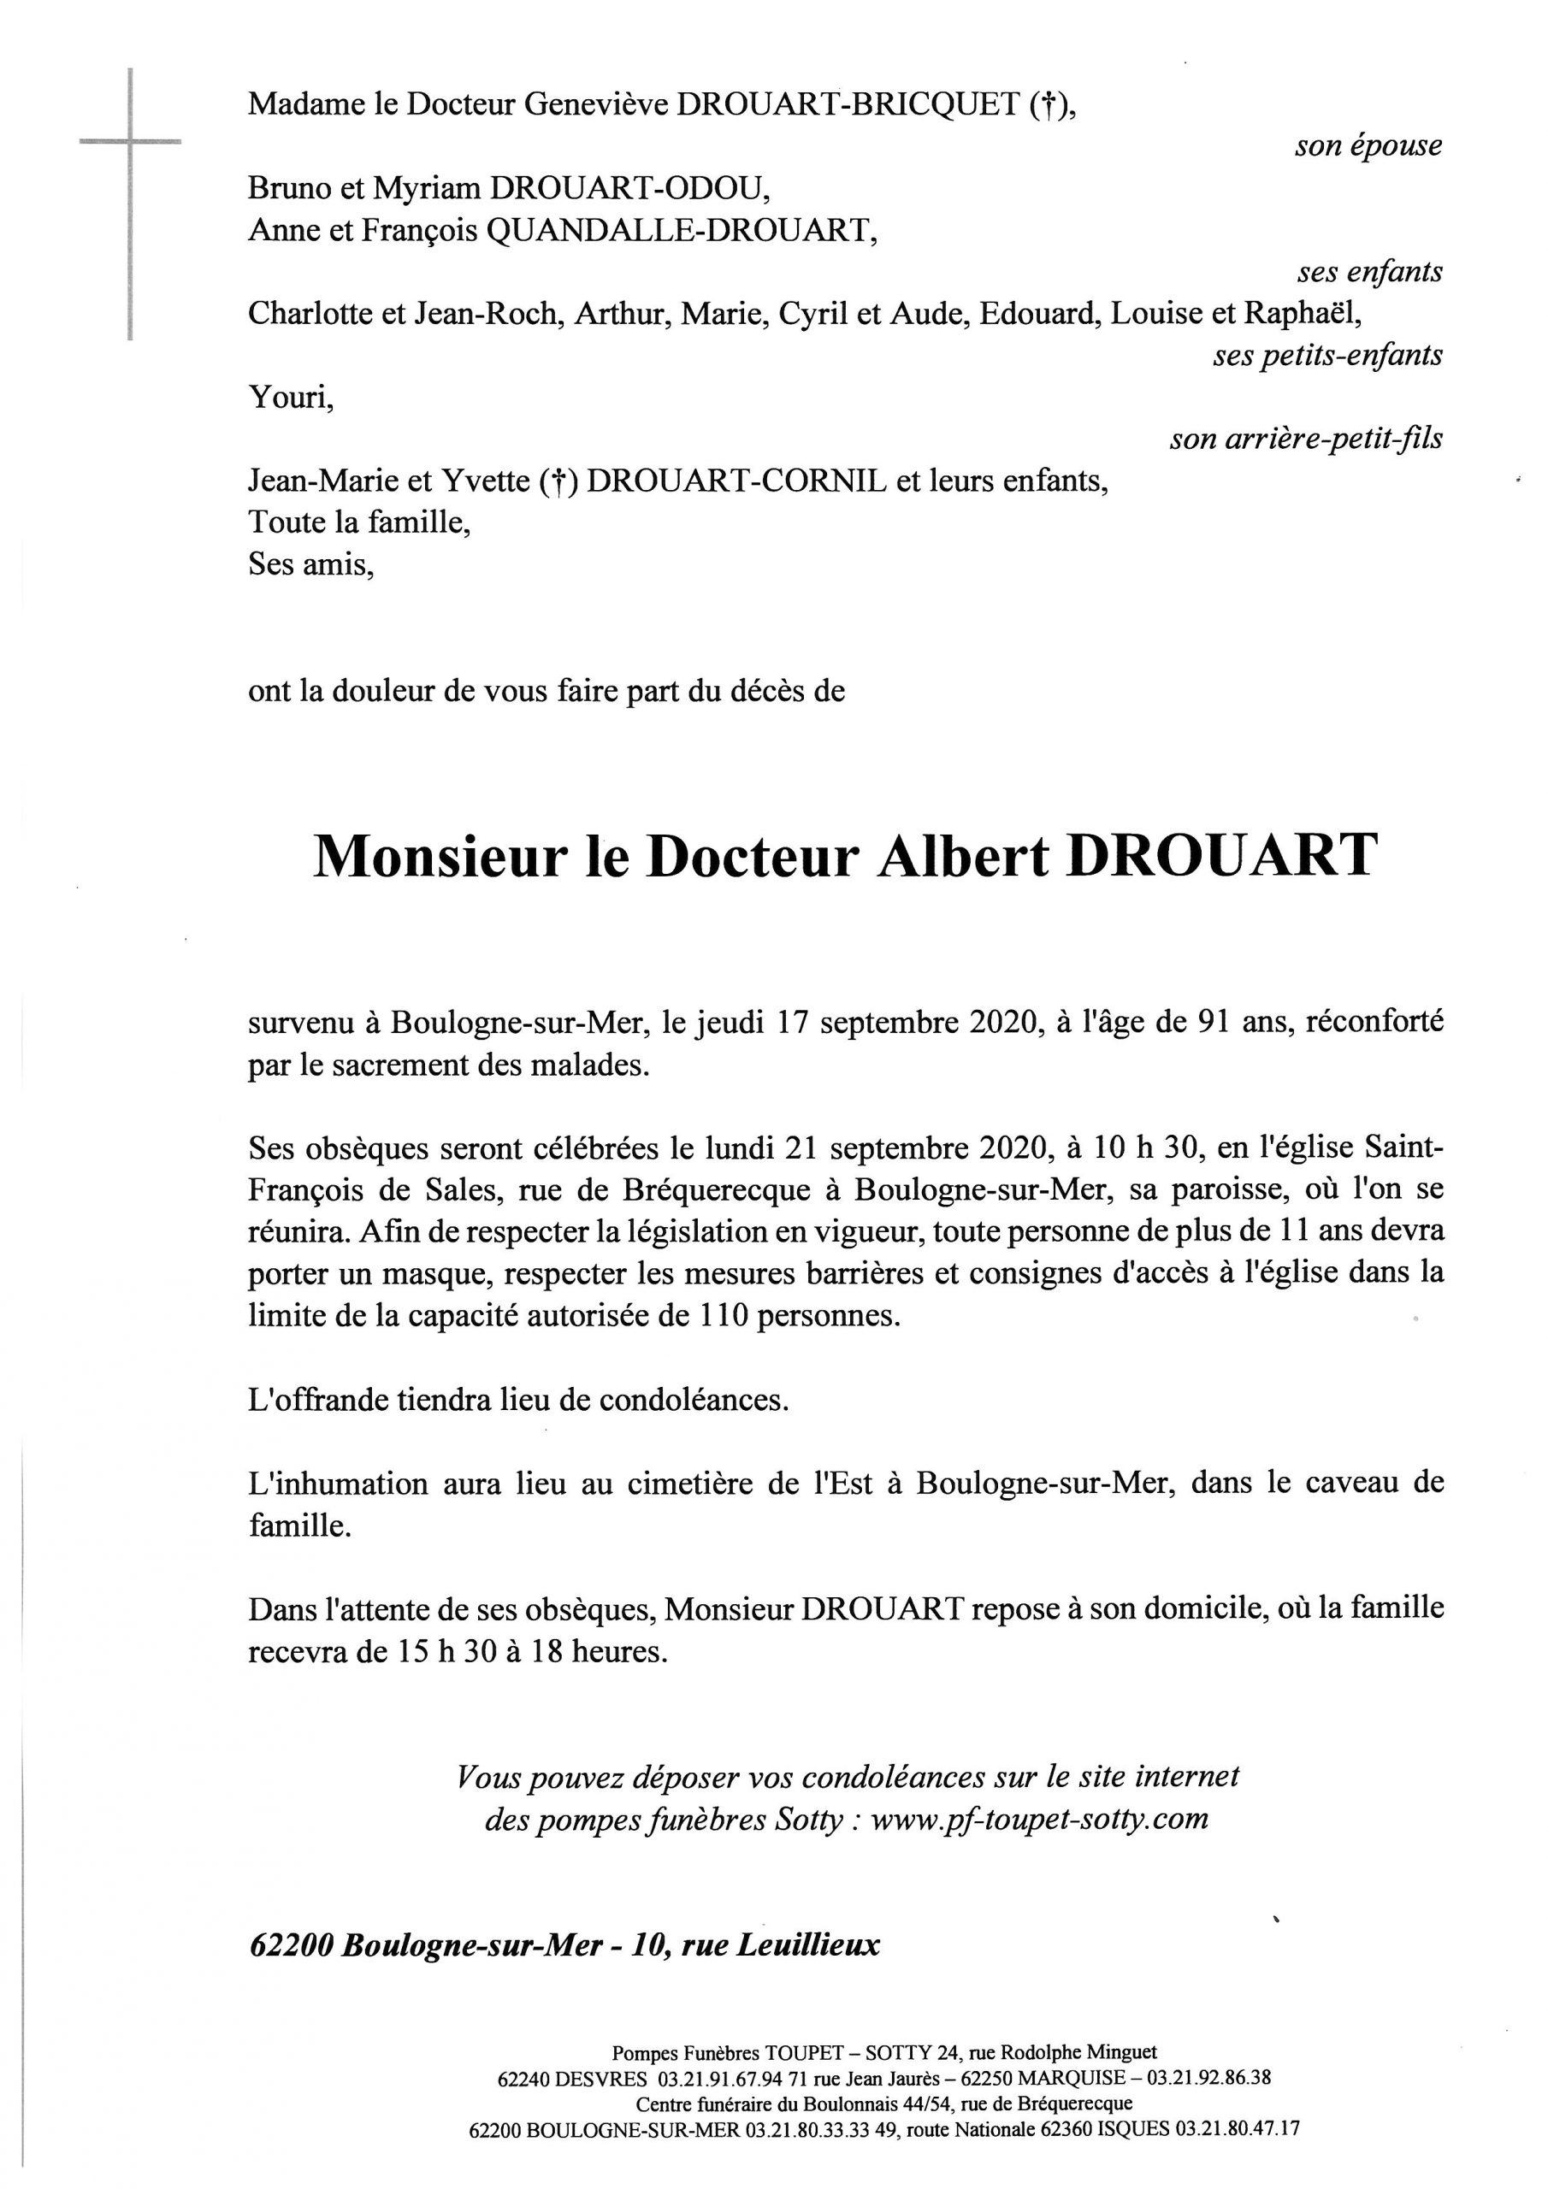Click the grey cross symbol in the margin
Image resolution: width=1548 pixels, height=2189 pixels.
click(x=130, y=143)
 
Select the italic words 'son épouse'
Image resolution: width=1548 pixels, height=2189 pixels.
click(x=1368, y=146)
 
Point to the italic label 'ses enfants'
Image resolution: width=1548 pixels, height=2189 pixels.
click(x=1368, y=273)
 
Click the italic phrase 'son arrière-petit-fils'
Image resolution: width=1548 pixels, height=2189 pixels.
click(x=1305, y=440)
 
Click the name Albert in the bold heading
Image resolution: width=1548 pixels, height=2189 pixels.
click(x=962, y=856)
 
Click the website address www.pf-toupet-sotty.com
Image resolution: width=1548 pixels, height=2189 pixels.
click(x=1040, y=1820)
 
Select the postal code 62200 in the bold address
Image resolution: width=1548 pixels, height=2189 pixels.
click(x=290, y=1946)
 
